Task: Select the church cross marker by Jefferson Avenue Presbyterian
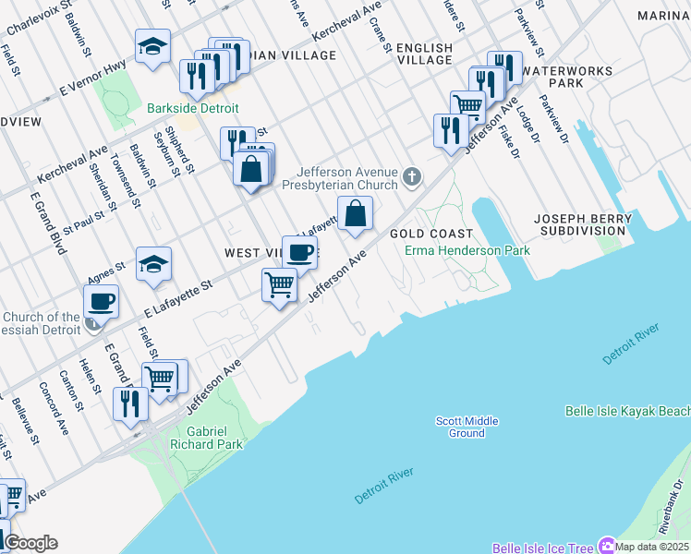click(x=412, y=175)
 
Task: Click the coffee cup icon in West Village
click(x=299, y=252)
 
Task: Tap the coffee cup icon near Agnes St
click(x=101, y=301)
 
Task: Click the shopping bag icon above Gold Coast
click(x=355, y=214)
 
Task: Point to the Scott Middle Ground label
click(x=467, y=427)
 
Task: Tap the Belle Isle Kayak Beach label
click(x=627, y=411)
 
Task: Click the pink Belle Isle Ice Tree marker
click(x=607, y=546)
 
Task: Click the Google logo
click(x=30, y=543)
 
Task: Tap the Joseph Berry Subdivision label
click(x=583, y=224)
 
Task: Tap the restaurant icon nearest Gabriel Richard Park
click(x=129, y=403)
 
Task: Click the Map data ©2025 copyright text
click(x=652, y=547)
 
